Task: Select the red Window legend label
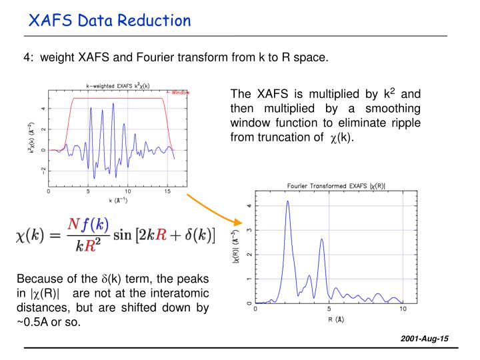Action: [x=179, y=92]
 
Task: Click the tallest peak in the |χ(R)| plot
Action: [x=287, y=202]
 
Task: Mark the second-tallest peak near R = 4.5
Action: [x=321, y=240]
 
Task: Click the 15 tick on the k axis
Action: [x=167, y=192]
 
